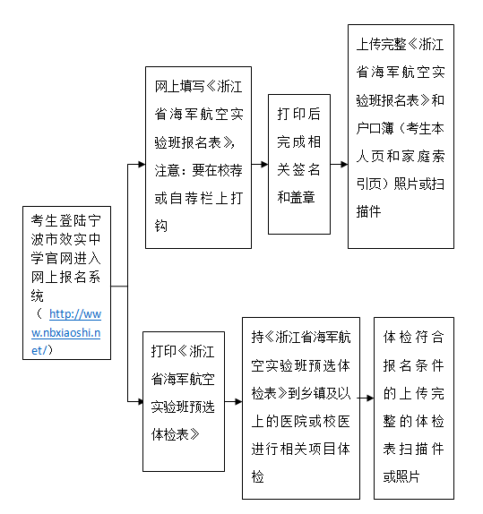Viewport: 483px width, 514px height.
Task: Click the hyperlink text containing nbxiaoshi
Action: tap(66, 332)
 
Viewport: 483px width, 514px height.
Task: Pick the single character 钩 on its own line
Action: tap(161, 227)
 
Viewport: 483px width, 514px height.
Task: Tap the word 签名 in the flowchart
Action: tap(306, 170)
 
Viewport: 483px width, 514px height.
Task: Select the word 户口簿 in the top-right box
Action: tap(375, 128)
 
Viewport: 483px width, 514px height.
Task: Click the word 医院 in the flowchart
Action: tap(294, 421)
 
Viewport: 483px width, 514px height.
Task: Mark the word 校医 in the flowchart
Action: tap(336, 421)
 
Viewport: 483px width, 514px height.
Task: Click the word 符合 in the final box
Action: tap(429, 338)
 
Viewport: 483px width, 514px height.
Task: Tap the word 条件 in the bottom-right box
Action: tap(429, 365)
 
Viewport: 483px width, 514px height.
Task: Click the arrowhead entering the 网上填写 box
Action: tap(142, 164)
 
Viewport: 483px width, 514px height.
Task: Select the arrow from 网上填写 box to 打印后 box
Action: tap(260, 164)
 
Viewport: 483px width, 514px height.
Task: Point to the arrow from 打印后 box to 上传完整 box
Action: tap(340, 164)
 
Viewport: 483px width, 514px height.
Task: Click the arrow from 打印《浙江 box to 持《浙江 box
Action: tap(234, 401)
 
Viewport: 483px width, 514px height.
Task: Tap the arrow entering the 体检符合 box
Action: tap(366, 398)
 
